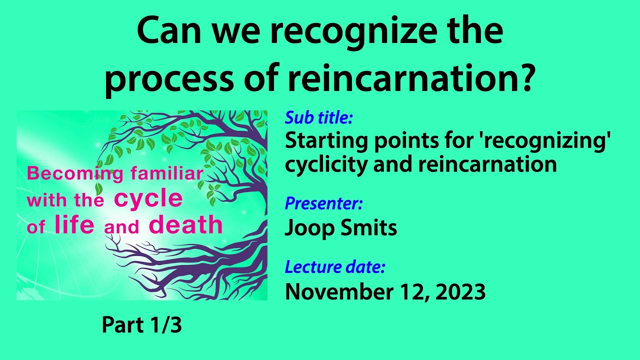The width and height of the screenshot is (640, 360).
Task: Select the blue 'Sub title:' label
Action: pyautogui.click(x=319, y=118)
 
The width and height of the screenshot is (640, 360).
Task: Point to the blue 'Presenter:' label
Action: pyautogui.click(x=323, y=204)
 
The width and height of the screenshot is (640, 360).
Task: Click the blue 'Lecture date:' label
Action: pyautogui.click(x=335, y=267)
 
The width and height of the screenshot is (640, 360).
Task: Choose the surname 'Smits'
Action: pyautogui.click(x=370, y=228)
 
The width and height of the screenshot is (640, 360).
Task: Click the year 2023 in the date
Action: pyautogui.click(x=460, y=292)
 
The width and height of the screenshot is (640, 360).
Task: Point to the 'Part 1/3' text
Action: pyautogui.click(x=141, y=325)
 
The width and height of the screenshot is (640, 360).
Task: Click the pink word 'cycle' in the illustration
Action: pyautogui.click(x=148, y=199)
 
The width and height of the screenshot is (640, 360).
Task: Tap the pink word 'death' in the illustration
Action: pyautogui.click(x=185, y=225)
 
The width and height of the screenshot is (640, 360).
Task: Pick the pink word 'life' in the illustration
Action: pyautogui.click(x=74, y=225)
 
